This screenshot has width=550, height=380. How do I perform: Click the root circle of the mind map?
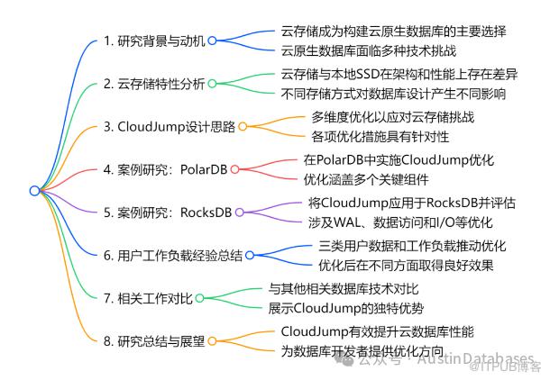click(x=34, y=190)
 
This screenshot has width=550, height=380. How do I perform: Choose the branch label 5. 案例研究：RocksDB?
click(x=167, y=213)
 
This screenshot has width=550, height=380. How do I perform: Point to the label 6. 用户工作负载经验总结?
click(x=171, y=256)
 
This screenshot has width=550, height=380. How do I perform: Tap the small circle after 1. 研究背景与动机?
click(x=213, y=41)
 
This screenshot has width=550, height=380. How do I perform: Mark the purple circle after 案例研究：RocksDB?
click(x=240, y=213)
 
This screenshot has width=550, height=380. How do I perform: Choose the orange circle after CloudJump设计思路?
click(x=242, y=127)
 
